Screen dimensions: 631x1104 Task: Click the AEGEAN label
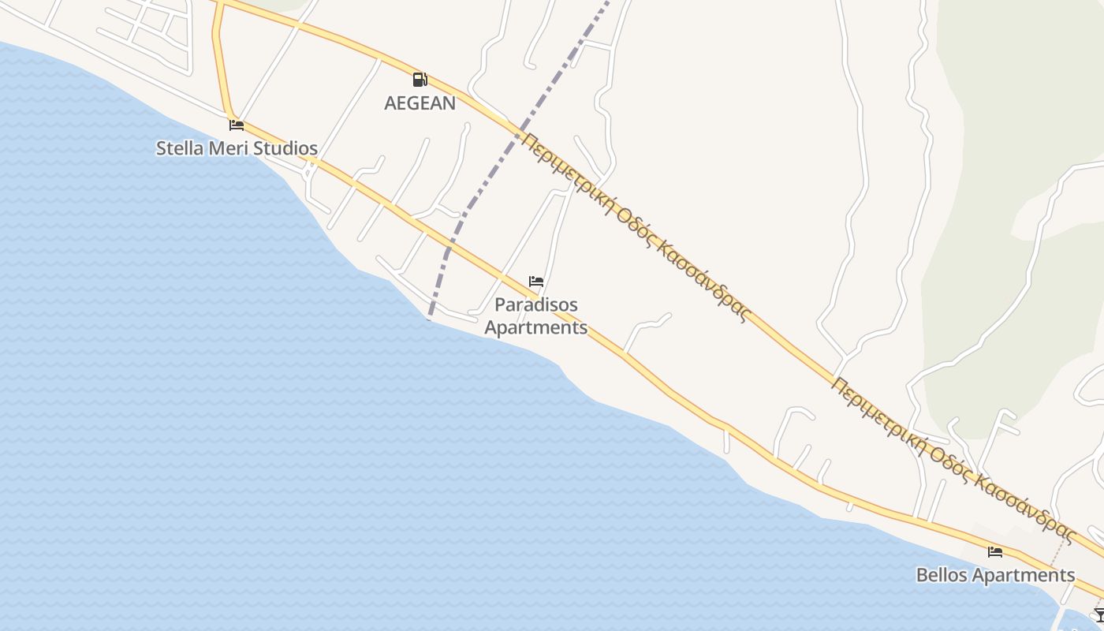click(x=420, y=103)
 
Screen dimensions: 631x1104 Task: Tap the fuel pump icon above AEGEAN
click(x=420, y=79)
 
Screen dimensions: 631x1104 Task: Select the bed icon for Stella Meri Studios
click(x=236, y=125)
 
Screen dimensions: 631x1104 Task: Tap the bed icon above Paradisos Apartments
click(x=536, y=282)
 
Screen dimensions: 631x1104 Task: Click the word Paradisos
click(x=536, y=304)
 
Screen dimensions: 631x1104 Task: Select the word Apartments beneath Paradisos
click(x=536, y=327)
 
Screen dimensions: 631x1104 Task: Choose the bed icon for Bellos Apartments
click(x=995, y=552)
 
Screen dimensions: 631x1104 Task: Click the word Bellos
click(x=942, y=575)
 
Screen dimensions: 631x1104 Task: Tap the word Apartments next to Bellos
click(x=1024, y=575)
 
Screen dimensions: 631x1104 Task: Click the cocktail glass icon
click(x=1099, y=614)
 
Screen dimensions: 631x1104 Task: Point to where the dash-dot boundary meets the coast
click(x=429, y=319)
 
